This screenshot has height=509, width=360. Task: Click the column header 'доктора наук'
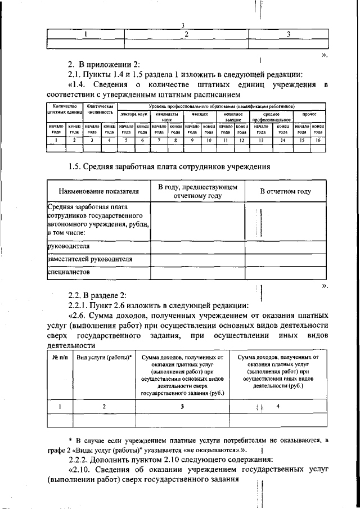point(133,114)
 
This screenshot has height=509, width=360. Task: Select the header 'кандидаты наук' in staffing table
point(167,116)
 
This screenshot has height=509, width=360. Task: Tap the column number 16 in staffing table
point(318,140)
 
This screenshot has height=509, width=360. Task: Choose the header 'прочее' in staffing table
point(309,114)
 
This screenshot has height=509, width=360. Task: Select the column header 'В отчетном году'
point(285,192)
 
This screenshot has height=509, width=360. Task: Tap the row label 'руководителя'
point(69,246)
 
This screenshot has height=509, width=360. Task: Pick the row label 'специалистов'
point(67,272)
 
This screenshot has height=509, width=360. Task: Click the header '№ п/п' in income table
point(60,357)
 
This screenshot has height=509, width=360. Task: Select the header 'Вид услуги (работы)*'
point(104,357)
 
